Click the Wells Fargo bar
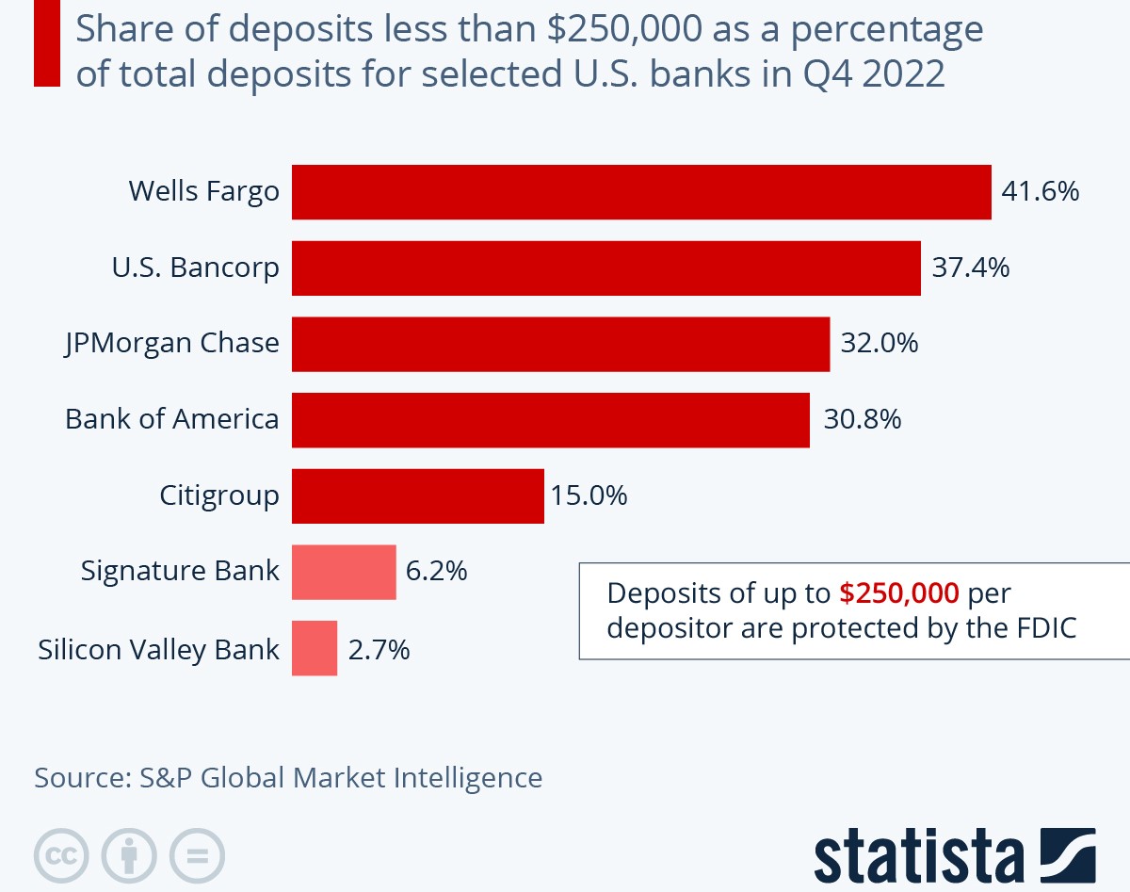click(x=641, y=192)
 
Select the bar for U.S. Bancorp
click(x=605, y=268)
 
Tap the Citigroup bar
click(x=417, y=495)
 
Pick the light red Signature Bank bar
click(x=344, y=572)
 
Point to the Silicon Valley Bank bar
click(x=315, y=648)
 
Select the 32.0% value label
click(x=880, y=344)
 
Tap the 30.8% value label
click(x=863, y=419)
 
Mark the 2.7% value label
click(x=379, y=649)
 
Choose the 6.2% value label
click(x=436, y=572)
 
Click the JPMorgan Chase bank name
click(x=172, y=344)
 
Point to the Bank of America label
click(x=172, y=419)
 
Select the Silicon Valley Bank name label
click(x=159, y=649)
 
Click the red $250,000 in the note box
click(x=899, y=593)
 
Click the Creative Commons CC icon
click(x=61, y=855)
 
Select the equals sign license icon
click(x=197, y=855)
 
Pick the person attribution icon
click(x=129, y=855)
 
